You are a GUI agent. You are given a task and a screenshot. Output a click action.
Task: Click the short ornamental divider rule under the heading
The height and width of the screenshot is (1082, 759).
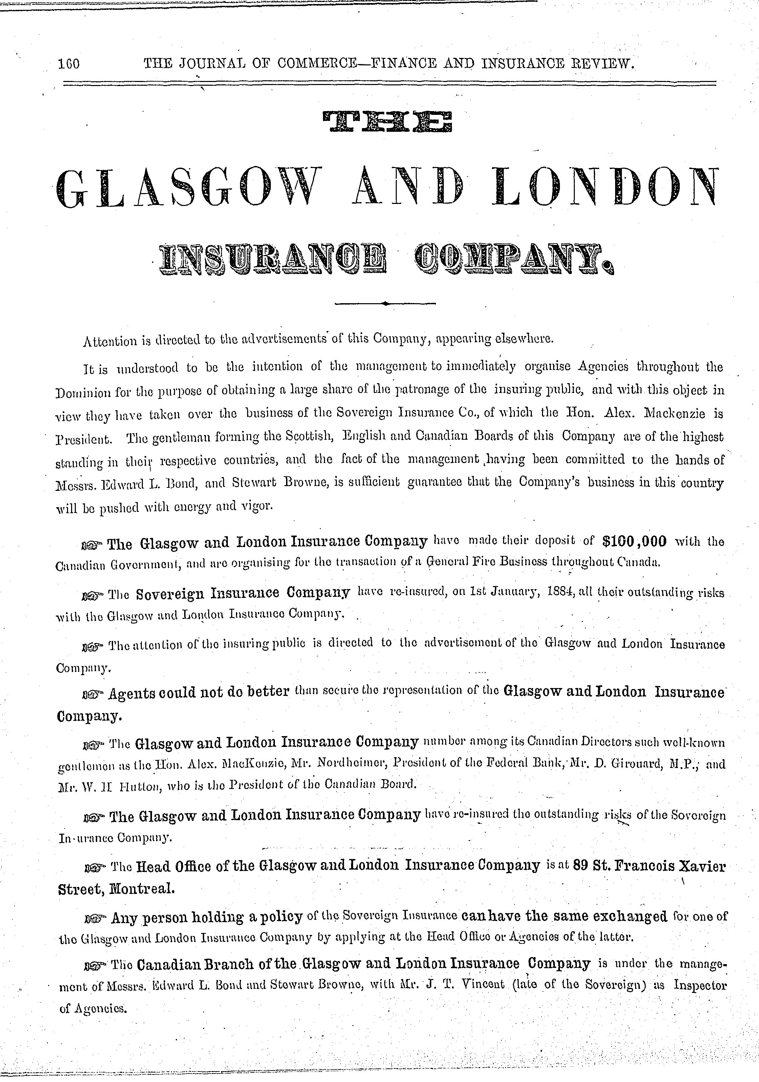pyautogui.click(x=385, y=304)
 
